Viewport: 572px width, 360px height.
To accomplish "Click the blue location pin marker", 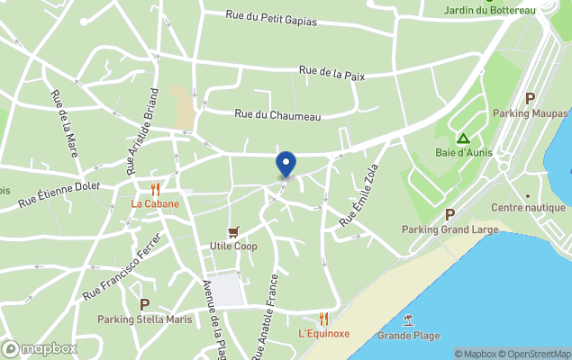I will [286, 163].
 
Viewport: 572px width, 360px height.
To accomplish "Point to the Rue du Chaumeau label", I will [277, 114].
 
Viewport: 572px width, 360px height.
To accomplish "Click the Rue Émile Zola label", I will [358, 195].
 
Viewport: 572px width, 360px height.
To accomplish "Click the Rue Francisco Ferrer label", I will [122, 267].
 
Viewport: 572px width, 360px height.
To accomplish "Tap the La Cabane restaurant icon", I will [155, 189].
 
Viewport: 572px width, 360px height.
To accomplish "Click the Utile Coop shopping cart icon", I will [234, 232].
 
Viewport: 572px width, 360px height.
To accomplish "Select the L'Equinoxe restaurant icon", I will [323, 319].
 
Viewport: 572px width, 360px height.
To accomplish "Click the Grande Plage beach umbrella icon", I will [409, 320].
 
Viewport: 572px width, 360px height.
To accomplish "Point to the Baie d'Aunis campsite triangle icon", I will [463, 139].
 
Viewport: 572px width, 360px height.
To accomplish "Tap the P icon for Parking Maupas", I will [531, 99].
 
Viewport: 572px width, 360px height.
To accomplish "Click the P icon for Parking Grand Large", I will [449, 214].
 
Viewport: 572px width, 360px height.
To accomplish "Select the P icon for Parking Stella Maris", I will [144, 304].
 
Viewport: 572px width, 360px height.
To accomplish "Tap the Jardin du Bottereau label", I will [490, 11].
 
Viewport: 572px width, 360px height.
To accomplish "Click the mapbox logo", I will [40, 348].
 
